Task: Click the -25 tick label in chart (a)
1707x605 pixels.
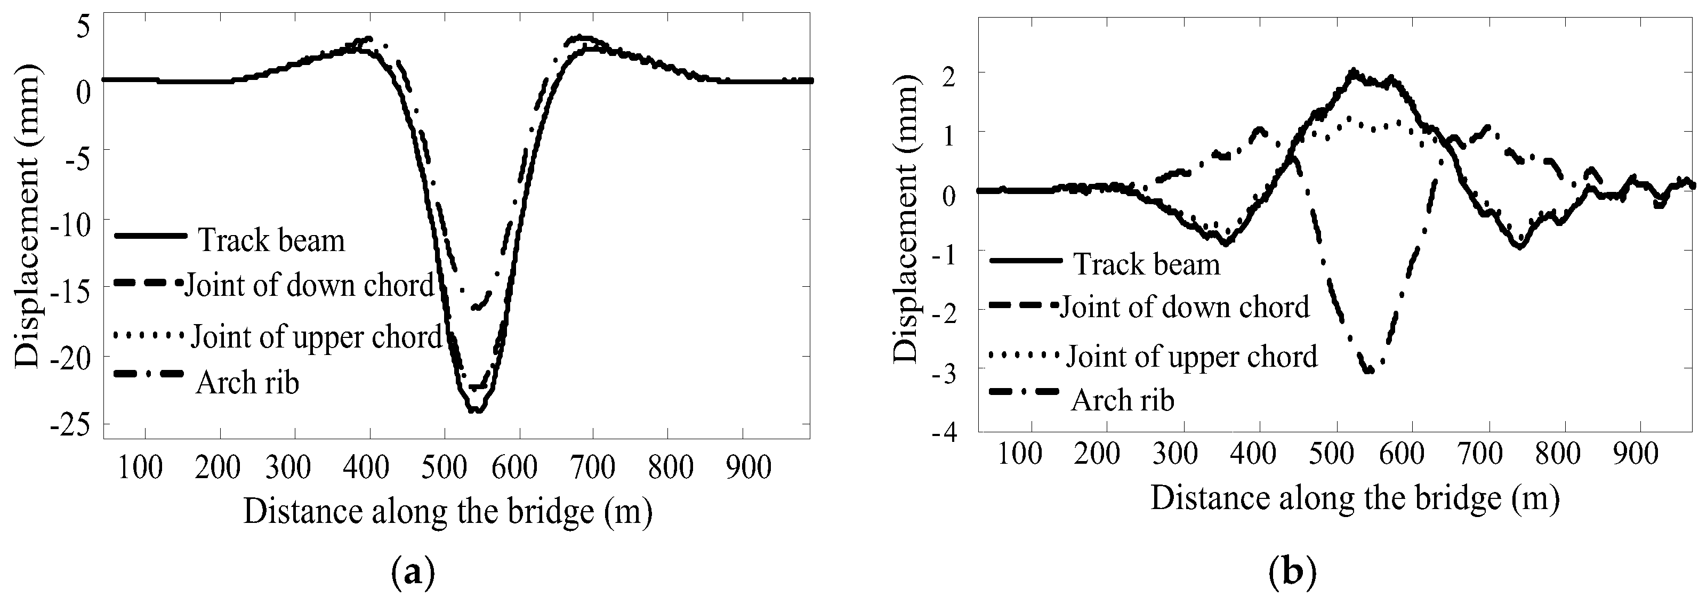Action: click(74, 426)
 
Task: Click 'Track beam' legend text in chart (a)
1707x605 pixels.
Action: click(272, 240)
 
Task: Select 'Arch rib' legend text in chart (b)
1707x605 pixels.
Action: click(1123, 400)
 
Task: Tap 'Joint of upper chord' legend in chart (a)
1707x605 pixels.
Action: click(316, 337)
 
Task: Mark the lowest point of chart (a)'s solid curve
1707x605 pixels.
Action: click(475, 412)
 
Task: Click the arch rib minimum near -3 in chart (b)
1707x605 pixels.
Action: click(1367, 372)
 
